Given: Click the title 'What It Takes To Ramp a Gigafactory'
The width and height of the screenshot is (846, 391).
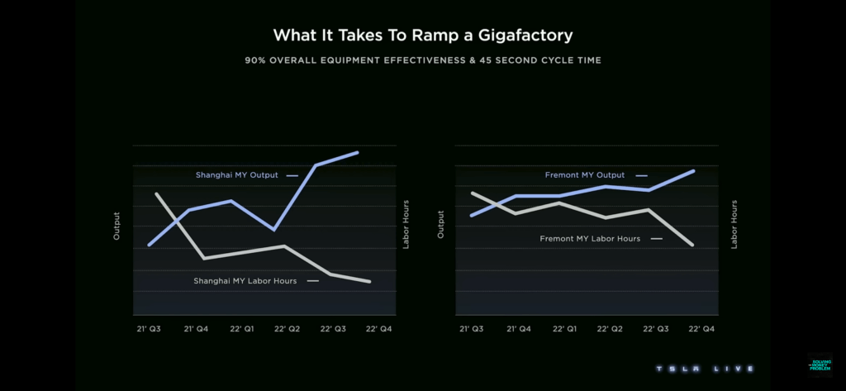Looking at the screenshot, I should (x=422, y=36).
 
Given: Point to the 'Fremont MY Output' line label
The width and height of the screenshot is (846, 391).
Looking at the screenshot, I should (x=585, y=175).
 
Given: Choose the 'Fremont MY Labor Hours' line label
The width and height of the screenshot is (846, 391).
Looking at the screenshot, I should (x=590, y=239).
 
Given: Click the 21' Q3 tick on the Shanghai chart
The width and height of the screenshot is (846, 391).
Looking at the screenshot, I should (x=149, y=328).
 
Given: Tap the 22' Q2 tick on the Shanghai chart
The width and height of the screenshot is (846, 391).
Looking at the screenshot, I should (x=287, y=328).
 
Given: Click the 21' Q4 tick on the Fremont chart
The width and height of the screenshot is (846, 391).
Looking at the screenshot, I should (x=517, y=328).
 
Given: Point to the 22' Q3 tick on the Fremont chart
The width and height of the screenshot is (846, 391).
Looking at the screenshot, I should (x=656, y=328).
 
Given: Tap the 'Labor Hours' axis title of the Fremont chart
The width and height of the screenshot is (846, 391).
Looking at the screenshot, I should (x=734, y=224).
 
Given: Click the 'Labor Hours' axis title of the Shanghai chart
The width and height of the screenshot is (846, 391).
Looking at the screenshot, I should (x=406, y=224).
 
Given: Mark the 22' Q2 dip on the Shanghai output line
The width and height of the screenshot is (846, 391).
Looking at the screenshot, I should (x=274, y=230).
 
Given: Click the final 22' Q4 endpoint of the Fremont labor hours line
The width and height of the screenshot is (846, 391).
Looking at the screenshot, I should (x=692, y=245).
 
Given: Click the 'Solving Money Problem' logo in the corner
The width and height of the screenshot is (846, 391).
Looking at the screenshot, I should (x=820, y=365).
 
